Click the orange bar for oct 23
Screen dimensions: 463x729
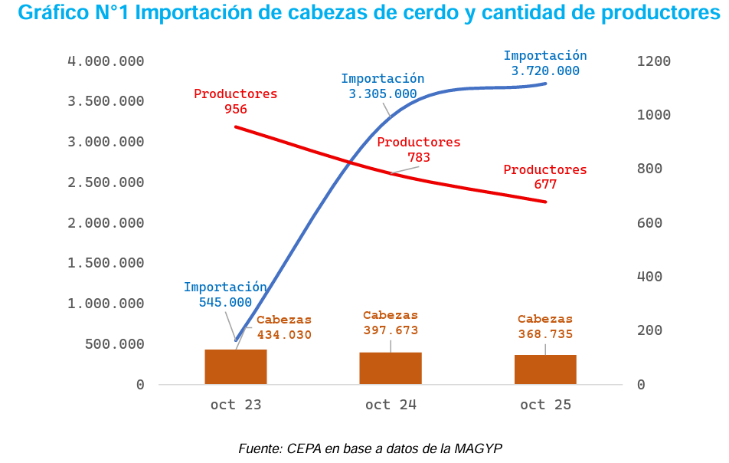[236, 366]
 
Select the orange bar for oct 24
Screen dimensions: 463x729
[391, 368]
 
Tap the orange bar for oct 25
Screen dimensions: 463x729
[545, 369]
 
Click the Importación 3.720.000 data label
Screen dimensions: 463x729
[545, 63]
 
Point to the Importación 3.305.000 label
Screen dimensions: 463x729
[383, 86]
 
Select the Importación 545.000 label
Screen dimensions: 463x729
[225, 294]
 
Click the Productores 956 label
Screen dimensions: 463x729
[236, 101]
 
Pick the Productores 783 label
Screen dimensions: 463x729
[419, 149]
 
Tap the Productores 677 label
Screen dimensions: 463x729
[545, 177]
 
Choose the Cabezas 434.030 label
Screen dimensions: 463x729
[284, 327]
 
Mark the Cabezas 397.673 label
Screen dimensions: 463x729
[391, 323]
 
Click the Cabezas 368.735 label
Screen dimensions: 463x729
[545, 327]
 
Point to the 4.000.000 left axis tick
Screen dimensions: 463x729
[106, 61]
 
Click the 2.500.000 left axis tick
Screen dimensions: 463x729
[106, 182]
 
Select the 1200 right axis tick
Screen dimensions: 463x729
[653, 61]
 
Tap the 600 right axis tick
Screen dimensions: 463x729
[649, 223]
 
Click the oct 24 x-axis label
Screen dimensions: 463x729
[391, 405]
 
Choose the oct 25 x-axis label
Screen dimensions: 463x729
[545, 405]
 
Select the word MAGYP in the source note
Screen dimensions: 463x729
[479, 448]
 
